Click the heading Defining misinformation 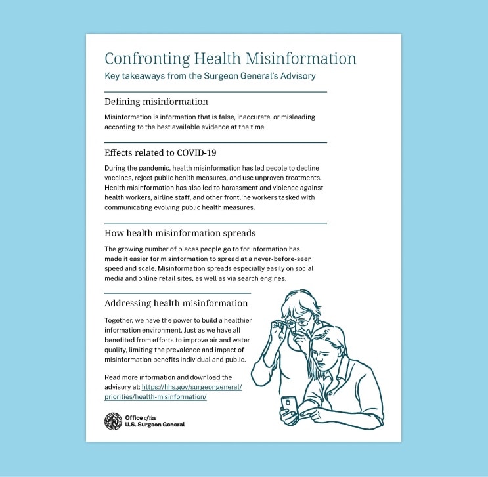pos(156,102)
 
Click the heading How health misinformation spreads pos(179,233)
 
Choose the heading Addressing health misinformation pos(176,303)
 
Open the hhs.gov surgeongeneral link pos(173,392)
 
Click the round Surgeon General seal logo pos(113,421)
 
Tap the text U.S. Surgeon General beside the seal pos(154,425)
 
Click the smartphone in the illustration pos(288,404)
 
